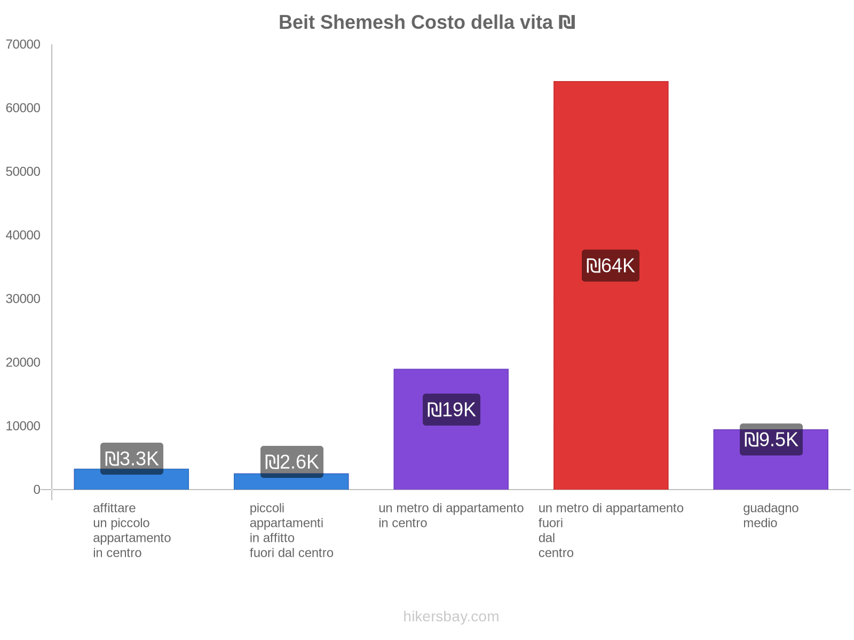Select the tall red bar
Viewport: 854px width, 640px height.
coord(611,160)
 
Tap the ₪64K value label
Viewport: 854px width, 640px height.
coord(611,266)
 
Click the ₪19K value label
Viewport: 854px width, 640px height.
coord(451,410)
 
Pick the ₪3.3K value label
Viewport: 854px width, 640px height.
coord(132,459)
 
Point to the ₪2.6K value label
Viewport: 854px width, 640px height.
coord(291,462)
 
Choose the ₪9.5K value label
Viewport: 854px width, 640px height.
coord(771,440)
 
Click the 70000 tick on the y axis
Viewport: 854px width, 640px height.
coord(23,44)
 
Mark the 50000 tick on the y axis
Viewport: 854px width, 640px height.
coord(23,172)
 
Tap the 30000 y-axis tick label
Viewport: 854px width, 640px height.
coord(23,299)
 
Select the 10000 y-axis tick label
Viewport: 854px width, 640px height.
coord(23,426)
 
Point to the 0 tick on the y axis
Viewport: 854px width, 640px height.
coord(37,490)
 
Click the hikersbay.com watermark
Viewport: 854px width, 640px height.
coord(451,617)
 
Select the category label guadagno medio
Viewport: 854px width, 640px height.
coord(771,515)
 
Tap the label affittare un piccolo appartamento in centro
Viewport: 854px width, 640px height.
coord(132,530)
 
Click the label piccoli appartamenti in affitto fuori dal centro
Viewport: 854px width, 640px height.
coord(291,530)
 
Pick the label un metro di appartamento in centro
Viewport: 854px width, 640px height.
coord(451,515)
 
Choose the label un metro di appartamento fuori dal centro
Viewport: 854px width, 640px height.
coord(611,530)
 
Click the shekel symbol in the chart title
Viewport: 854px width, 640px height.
coord(567,22)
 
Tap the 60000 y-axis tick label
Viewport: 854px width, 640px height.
coord(23,108)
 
